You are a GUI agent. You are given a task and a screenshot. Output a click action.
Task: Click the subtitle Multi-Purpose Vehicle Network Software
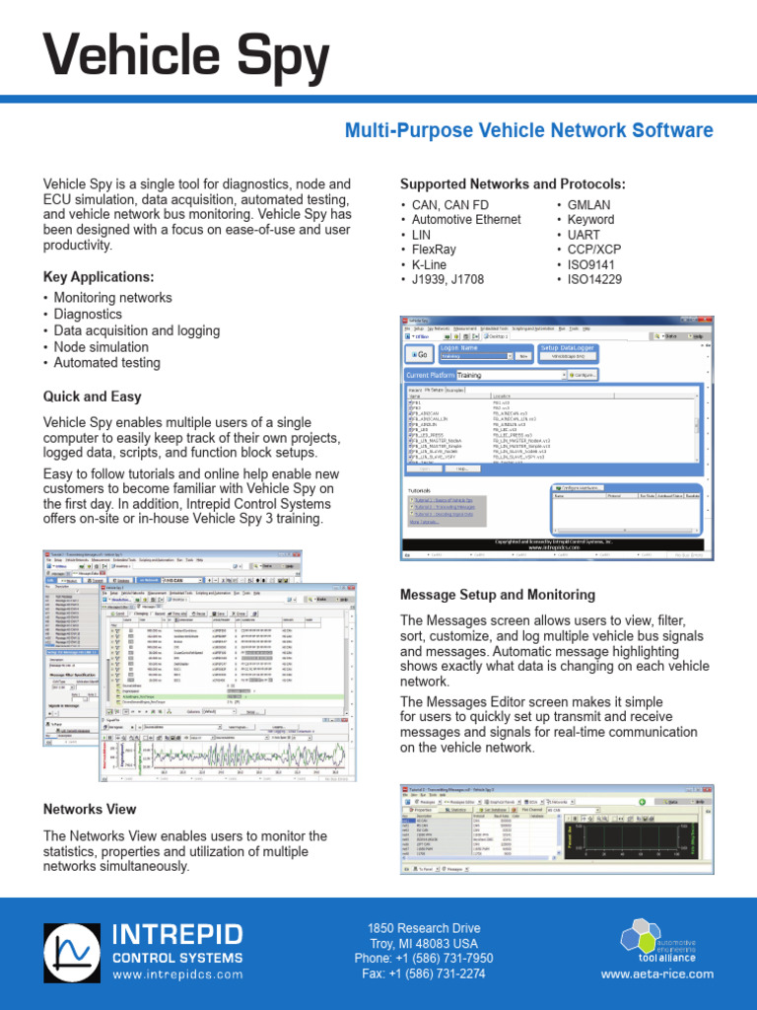(x=527, y=130)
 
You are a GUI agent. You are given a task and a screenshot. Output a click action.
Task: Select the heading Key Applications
(x=99, y=276)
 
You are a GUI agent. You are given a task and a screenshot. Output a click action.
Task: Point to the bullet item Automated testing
(x=106, y=363)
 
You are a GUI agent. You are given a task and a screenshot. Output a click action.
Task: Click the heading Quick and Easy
(x=92, y=397)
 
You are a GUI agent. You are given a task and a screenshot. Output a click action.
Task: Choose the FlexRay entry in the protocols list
(x=436, y=251)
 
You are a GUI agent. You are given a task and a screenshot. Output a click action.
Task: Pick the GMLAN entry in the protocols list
(x=589, y=204)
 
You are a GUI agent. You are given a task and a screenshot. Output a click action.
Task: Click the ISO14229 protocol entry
(x=594, y=280)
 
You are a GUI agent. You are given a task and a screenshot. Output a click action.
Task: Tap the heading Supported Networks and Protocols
(x=512, y=184)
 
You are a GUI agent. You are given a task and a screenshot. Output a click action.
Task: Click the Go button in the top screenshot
(x=418, y=354)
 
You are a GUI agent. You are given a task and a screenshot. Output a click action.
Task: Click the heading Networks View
(x=90, y=809)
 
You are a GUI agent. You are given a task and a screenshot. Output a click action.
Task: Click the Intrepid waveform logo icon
(x=73, y=952)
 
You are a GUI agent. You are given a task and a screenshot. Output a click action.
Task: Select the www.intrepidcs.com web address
(x=177, y=974)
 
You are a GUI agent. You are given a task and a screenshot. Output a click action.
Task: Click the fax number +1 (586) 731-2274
(x=424, y=974)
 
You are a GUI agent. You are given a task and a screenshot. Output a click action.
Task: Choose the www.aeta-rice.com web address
(x=656, y=974)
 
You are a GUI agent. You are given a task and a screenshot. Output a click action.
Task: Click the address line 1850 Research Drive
(x=424, y=928)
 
